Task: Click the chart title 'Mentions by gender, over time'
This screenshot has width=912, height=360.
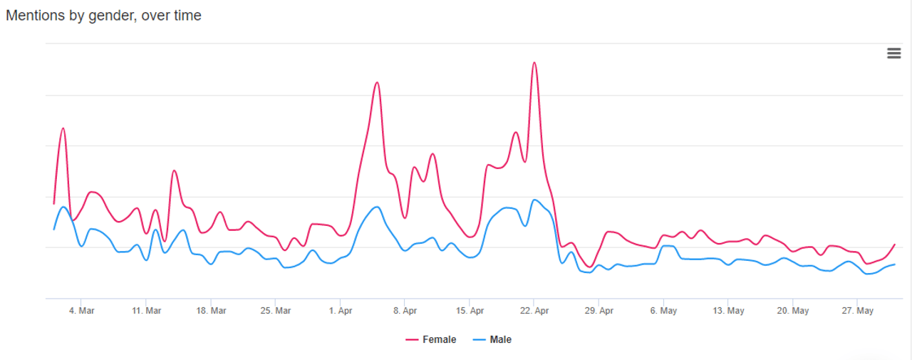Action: (103, 15)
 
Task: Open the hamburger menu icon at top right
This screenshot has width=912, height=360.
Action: (893, 53)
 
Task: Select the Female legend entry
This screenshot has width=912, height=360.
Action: (431, 339)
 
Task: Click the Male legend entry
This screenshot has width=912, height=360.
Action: (492, 339)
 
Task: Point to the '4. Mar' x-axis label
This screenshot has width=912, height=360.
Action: (81, 311)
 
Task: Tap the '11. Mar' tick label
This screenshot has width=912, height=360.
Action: (146, 311)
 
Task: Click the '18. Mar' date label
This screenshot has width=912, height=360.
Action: (211, 311)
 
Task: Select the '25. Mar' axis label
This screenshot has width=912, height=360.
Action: (276, 311)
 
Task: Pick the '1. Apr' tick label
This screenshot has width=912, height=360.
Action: (341, 311)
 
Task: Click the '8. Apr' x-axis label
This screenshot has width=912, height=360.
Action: (405, 311)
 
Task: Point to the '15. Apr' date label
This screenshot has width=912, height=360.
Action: (470, 311)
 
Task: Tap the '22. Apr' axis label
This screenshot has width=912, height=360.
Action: (534, 311)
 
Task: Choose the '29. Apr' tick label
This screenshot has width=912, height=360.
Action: (599, 311)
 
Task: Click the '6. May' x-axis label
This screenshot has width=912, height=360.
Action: (663, 311)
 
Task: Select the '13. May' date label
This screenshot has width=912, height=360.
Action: (728, 311)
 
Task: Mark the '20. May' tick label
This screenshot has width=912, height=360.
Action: (793, 311)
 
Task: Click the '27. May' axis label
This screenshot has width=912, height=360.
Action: (858, 311)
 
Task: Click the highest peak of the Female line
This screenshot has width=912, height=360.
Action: (534, 63)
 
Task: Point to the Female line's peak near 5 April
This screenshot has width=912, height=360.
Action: (377, 83)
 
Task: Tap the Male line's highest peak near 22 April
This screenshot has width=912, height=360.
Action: (534, 200)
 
